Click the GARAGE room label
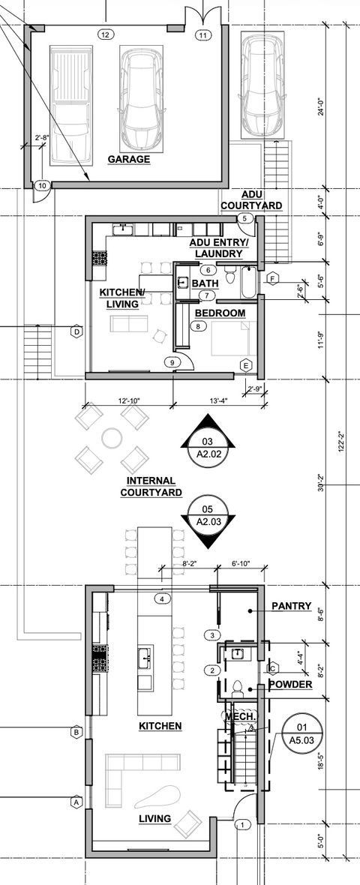(128, 160)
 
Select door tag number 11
(202, 35)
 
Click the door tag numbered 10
(42, 185)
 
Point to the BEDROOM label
(220, 312)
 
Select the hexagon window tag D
(76, 331)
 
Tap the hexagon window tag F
(273, 280)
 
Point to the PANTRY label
(291, 606)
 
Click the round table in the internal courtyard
(112, 436)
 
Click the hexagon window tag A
(75, 802)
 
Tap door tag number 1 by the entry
(241, 824)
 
